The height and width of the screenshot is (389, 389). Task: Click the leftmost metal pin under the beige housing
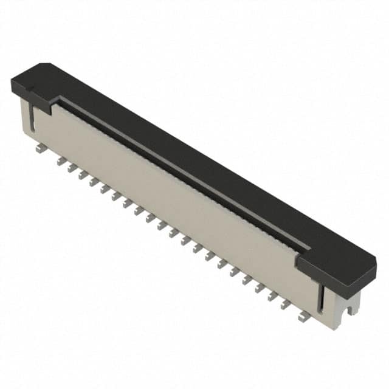pos(38,147)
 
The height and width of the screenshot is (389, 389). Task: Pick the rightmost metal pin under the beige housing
pos(304,315)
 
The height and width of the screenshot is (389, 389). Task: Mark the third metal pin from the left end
pos(71,168)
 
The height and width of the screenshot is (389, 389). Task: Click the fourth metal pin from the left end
pos(83,175)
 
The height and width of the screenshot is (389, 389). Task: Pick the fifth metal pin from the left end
pos(94,182)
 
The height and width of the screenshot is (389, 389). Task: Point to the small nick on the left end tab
pos(28,92)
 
